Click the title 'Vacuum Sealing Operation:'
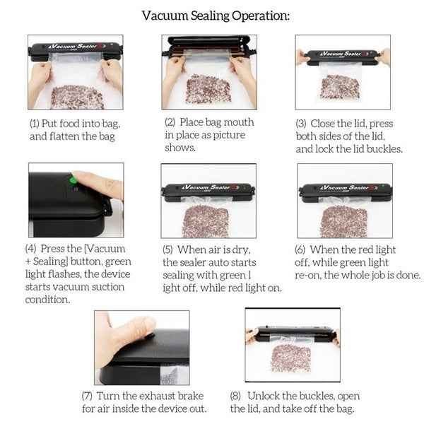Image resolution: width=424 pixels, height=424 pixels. [216, 16]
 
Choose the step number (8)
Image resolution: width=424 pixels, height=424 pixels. [237, 396]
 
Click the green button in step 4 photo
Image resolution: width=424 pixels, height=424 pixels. [72, 181]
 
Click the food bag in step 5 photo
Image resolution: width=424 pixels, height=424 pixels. [205, 220]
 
